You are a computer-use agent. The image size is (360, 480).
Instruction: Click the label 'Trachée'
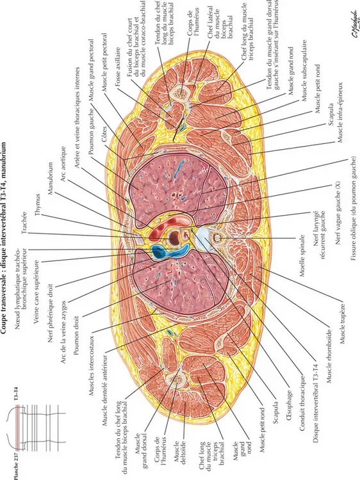pyautogui.click(x=24, y=223)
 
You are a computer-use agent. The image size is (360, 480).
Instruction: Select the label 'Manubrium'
pyautogui.click(x=51, y=179)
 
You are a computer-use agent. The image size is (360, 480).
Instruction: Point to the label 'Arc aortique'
pyautogui.click(x=63, y=164)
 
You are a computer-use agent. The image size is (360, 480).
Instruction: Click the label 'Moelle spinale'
pyautogui.click(x=302, y=255)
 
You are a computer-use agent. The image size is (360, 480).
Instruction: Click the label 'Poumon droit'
pyautogui.click(x=77, y=335)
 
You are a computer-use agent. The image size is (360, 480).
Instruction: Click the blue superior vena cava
pyautogui.click(x=160, y=252)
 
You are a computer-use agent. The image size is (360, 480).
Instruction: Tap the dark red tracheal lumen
pyautogui.click(x=174, y=237)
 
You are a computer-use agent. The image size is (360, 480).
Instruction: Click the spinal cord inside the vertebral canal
pyautogui.click(x=218, y=237)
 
